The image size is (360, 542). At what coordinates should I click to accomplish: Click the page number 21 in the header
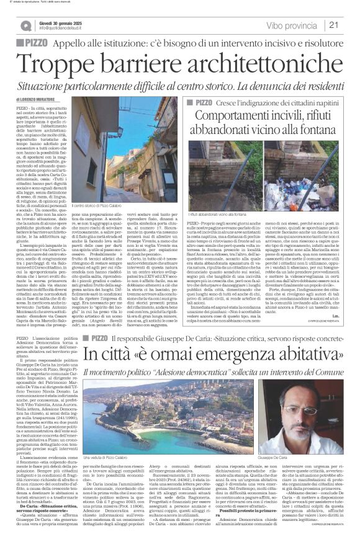pos(350,25)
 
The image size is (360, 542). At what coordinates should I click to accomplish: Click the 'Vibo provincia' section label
pos(292,25)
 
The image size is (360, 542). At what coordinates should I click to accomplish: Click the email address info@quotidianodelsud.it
pos(65,29)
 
